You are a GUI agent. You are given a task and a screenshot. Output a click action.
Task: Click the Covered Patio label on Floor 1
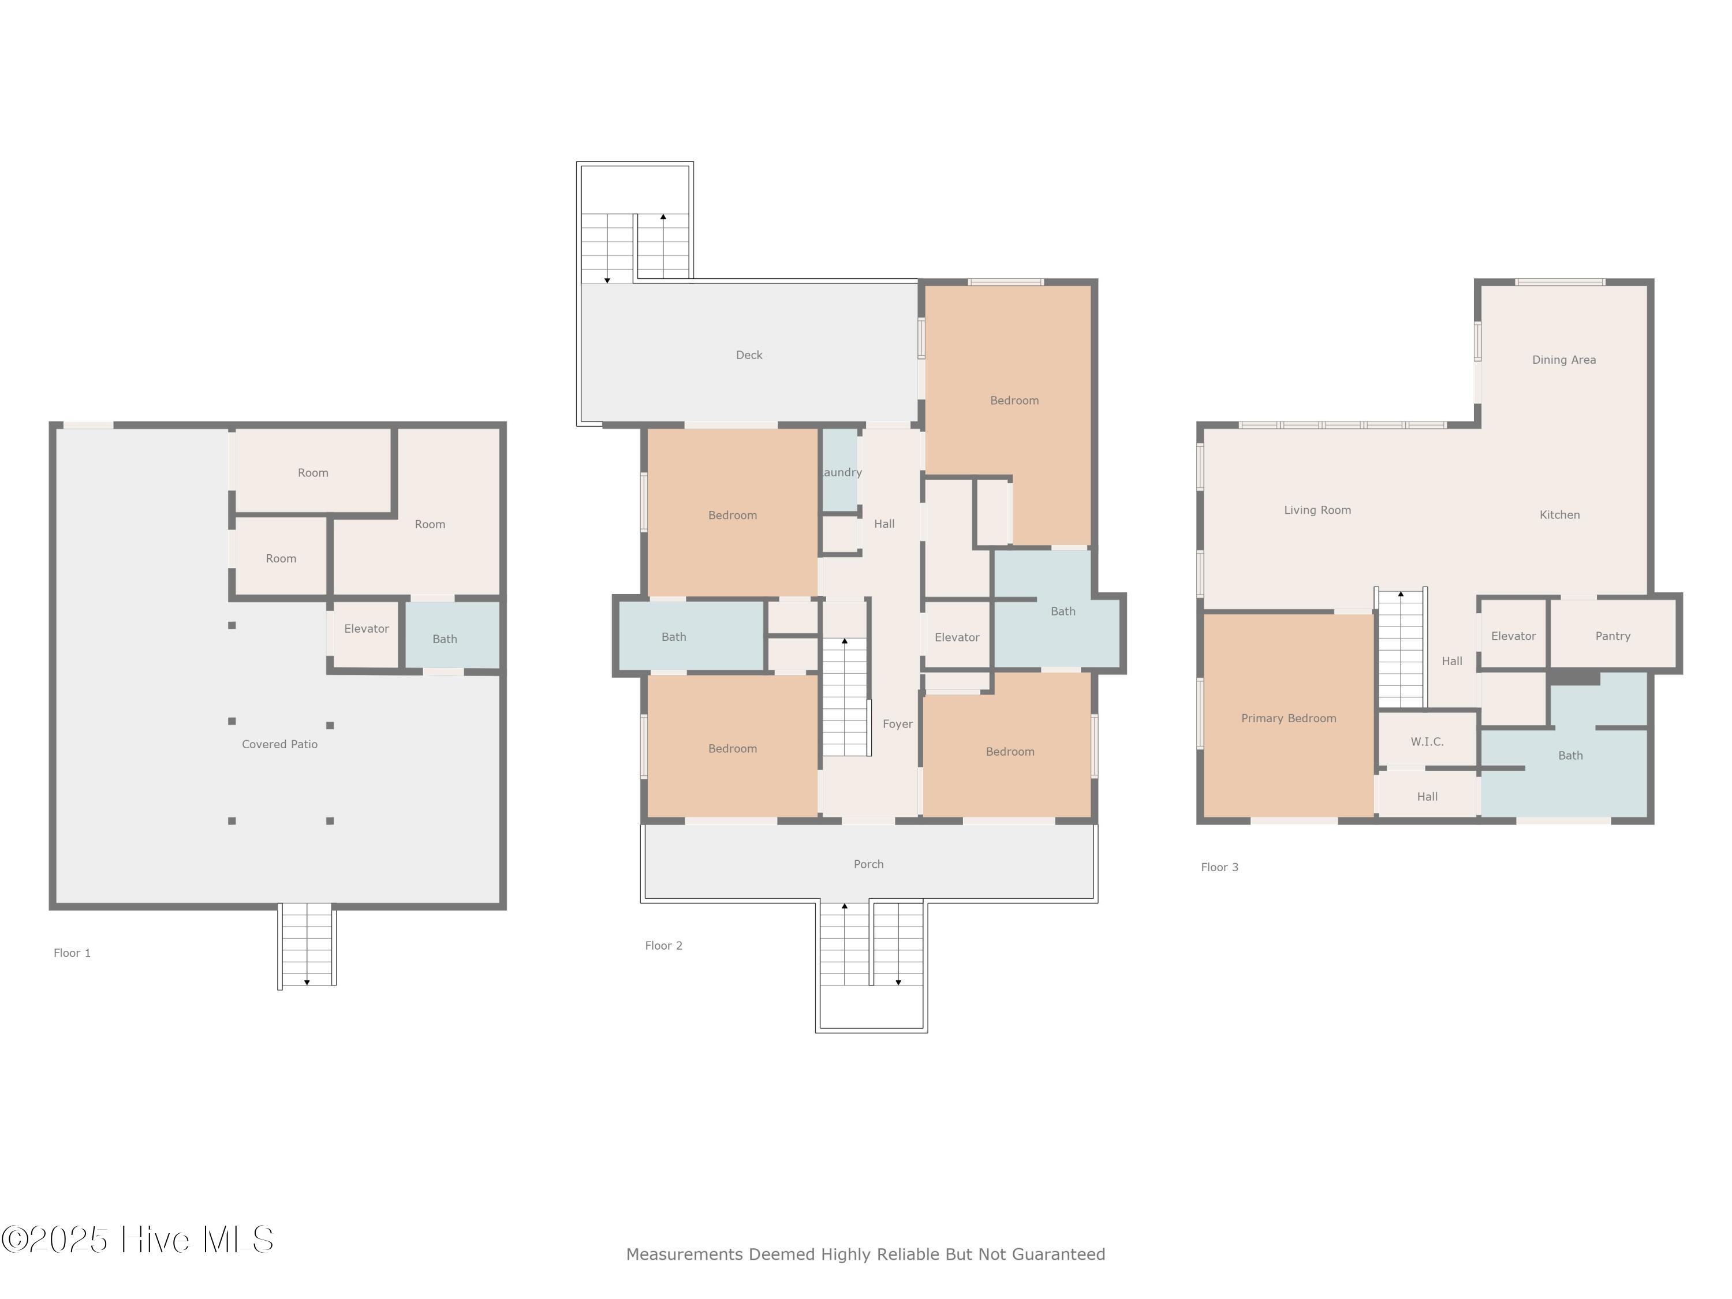pos(279,744)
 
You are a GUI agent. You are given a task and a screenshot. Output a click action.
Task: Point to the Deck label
pos(749,354)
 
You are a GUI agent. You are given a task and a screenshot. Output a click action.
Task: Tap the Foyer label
pos(897,723)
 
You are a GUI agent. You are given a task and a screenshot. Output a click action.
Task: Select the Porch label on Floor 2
pos(868,864)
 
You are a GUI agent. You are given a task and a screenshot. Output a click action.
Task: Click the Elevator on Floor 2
pos(957,637)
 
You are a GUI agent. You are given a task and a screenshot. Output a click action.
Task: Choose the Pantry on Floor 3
pos(1612,636)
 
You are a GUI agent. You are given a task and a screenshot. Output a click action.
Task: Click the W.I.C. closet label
pos(1427,741)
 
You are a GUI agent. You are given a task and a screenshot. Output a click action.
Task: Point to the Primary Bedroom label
pos(1288,718)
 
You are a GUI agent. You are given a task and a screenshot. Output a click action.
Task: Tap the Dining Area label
pos(1563,360)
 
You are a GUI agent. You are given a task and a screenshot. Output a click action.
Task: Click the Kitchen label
pos(1559,514)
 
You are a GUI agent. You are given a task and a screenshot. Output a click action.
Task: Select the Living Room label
pos(1317,510)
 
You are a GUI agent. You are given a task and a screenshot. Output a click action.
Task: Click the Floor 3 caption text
pos(1219,867)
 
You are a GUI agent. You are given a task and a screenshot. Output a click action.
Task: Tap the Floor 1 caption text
pos(72,953)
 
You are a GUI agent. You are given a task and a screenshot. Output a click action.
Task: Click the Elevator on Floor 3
pos(1513,636)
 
